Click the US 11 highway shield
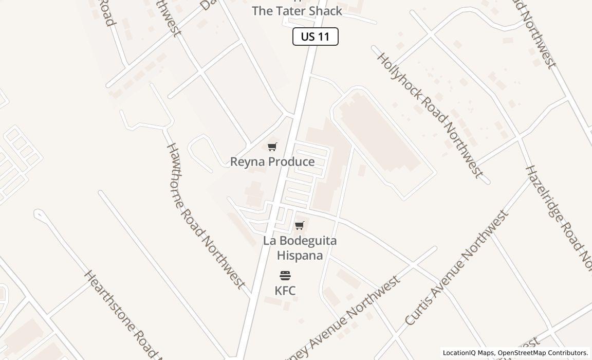click(x=315, y=37)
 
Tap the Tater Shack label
click(x=297, y=11)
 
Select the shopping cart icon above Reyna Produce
click(x=272, y=147)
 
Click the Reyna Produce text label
click(x=272, y=161)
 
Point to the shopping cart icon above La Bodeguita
click(x=300, y=226)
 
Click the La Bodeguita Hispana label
click(x=300, y=248)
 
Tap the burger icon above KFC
click(x=285, y=276)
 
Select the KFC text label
click(x=285, y=291)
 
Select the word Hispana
click(x=300, y=255)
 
